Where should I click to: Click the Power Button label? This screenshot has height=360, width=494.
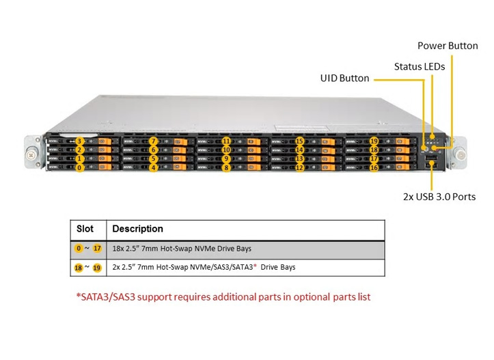click(448, 46)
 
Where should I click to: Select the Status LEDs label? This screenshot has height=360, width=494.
click(419, 67)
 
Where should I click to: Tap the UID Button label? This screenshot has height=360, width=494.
click(344, 79)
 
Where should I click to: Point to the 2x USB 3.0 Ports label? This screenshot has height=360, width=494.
click(439, 197)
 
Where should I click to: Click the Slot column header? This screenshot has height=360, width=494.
click(85, 229)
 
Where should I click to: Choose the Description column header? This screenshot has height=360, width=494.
click(137, 229)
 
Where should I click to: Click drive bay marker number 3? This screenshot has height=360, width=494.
click(80, 141)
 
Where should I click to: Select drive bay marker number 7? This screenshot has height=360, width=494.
click(154, 141)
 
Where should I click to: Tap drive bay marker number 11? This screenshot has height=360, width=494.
click(226, 141)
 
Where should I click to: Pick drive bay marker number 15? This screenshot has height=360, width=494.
click(299, 141)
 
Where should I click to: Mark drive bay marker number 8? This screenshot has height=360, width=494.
click(226, 167)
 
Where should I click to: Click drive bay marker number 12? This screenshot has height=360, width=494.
click(299, 167)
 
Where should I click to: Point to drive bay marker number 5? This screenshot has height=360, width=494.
click(154, 158)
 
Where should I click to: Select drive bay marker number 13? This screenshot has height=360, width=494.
click(299, 158)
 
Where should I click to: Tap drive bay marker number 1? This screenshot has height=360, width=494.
click(80, 158)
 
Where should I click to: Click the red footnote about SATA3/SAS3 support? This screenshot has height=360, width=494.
click(223, 297)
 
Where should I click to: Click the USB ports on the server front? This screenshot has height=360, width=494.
click(432, 162)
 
